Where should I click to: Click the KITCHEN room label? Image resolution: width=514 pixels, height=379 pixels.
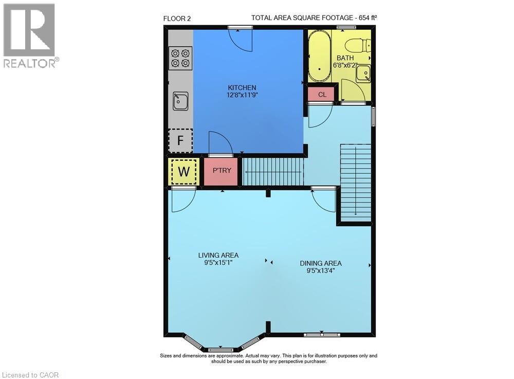(x=242, y=87)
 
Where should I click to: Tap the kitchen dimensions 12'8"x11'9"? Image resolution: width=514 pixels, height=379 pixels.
(x=242, y=95)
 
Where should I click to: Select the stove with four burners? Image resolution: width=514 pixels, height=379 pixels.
(x=180, y=58)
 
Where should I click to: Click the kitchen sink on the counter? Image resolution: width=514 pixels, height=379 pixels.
(x=180, y=101)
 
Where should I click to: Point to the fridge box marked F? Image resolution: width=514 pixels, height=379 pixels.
(x=180, y=141)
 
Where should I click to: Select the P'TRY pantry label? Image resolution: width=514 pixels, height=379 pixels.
(x=222, y=171)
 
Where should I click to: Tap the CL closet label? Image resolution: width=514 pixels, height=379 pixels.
(x=322, y=95)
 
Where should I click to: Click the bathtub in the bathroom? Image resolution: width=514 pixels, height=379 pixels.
(x=319, y=56)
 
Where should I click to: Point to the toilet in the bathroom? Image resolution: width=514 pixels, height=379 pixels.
(x=357, y=46)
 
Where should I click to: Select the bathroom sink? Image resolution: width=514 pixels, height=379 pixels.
(x=363, y=73)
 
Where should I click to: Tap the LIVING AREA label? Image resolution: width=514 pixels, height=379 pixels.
(x=218, y=255)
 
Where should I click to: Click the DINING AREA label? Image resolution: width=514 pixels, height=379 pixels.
(x=321, y=263)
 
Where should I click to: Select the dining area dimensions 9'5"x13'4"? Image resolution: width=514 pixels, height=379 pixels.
(x=321, y=270)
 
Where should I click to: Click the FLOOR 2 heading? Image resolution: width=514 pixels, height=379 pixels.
(x=177, y=19)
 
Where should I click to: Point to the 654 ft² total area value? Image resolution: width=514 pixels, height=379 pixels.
(x=366, y=18)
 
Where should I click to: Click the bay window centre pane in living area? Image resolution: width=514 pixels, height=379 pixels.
(x=221, y=349)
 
